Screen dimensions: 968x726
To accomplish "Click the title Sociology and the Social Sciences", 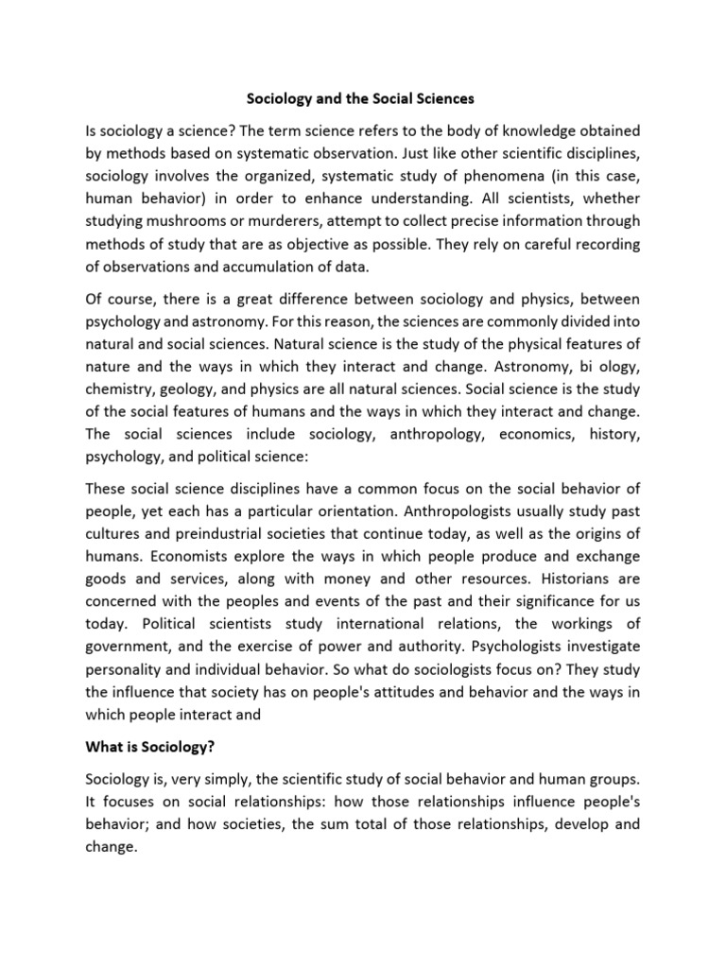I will tap(362, 97).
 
